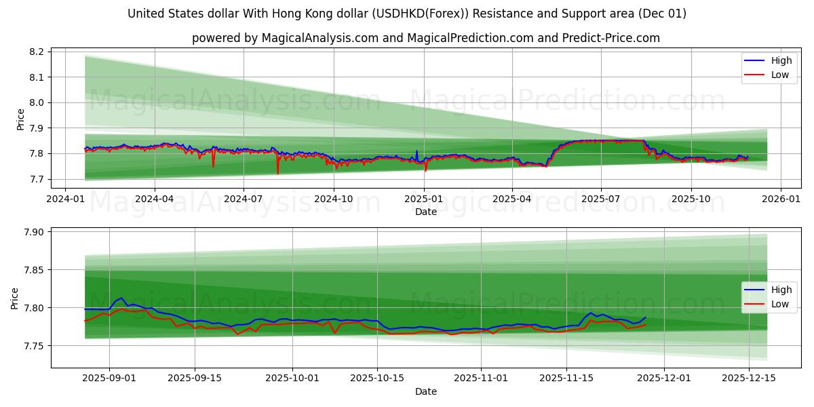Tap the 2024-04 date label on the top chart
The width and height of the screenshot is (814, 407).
154,199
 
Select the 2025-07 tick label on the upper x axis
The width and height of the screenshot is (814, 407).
601,199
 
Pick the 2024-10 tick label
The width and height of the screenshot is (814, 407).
333,199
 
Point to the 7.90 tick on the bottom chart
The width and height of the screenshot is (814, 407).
33,232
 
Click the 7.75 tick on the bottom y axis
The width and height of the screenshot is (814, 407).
33,346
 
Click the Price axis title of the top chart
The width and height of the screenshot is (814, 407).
20,119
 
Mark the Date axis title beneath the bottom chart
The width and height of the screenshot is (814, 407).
425,391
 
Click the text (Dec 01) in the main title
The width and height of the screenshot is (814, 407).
661,14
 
